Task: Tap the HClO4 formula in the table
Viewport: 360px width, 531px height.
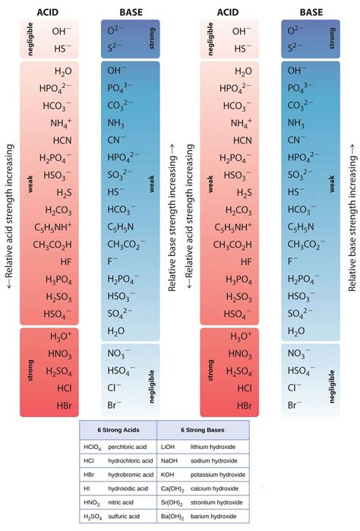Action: [93, 447]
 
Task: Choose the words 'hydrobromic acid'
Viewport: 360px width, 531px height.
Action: [131, 474]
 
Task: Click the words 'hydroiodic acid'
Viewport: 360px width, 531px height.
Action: [130, 488]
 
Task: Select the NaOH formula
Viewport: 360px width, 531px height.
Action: [170, 460]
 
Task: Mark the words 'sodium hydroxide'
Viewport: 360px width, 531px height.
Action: [217, 460]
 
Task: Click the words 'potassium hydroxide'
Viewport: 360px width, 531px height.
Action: [220, 474]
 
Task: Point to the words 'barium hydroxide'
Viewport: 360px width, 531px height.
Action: [216, 517]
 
